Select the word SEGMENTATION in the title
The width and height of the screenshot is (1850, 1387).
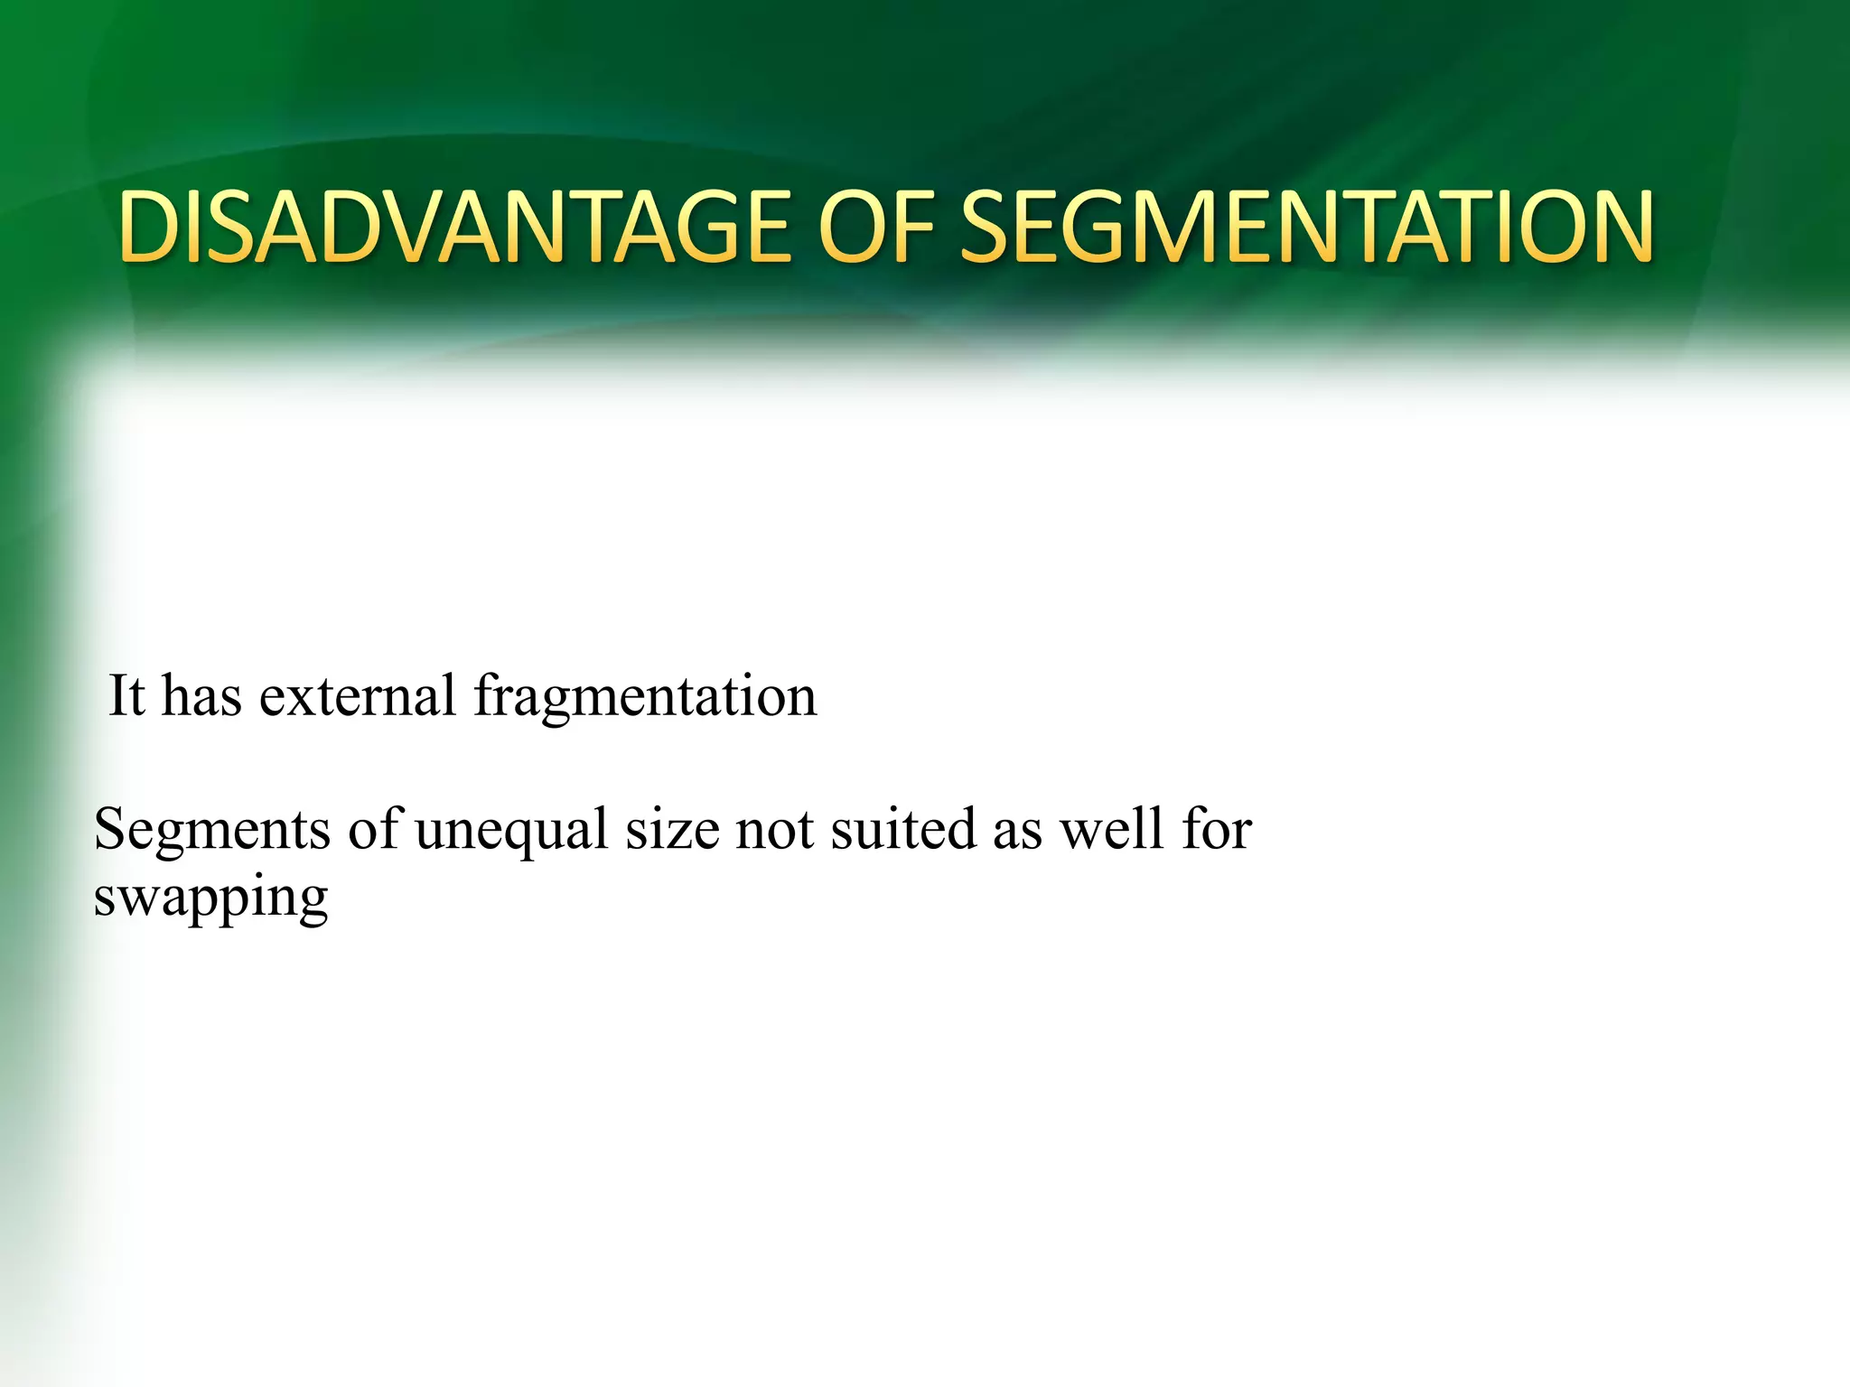coord(1305,228)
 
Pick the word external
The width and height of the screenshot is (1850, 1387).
coord(358,696)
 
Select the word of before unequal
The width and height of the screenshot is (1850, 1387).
coord(373,829)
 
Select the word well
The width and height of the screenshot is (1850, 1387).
coord(1112,829)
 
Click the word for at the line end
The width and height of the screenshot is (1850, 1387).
coord(1216,829)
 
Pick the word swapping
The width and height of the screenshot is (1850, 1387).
coord(211,899)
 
